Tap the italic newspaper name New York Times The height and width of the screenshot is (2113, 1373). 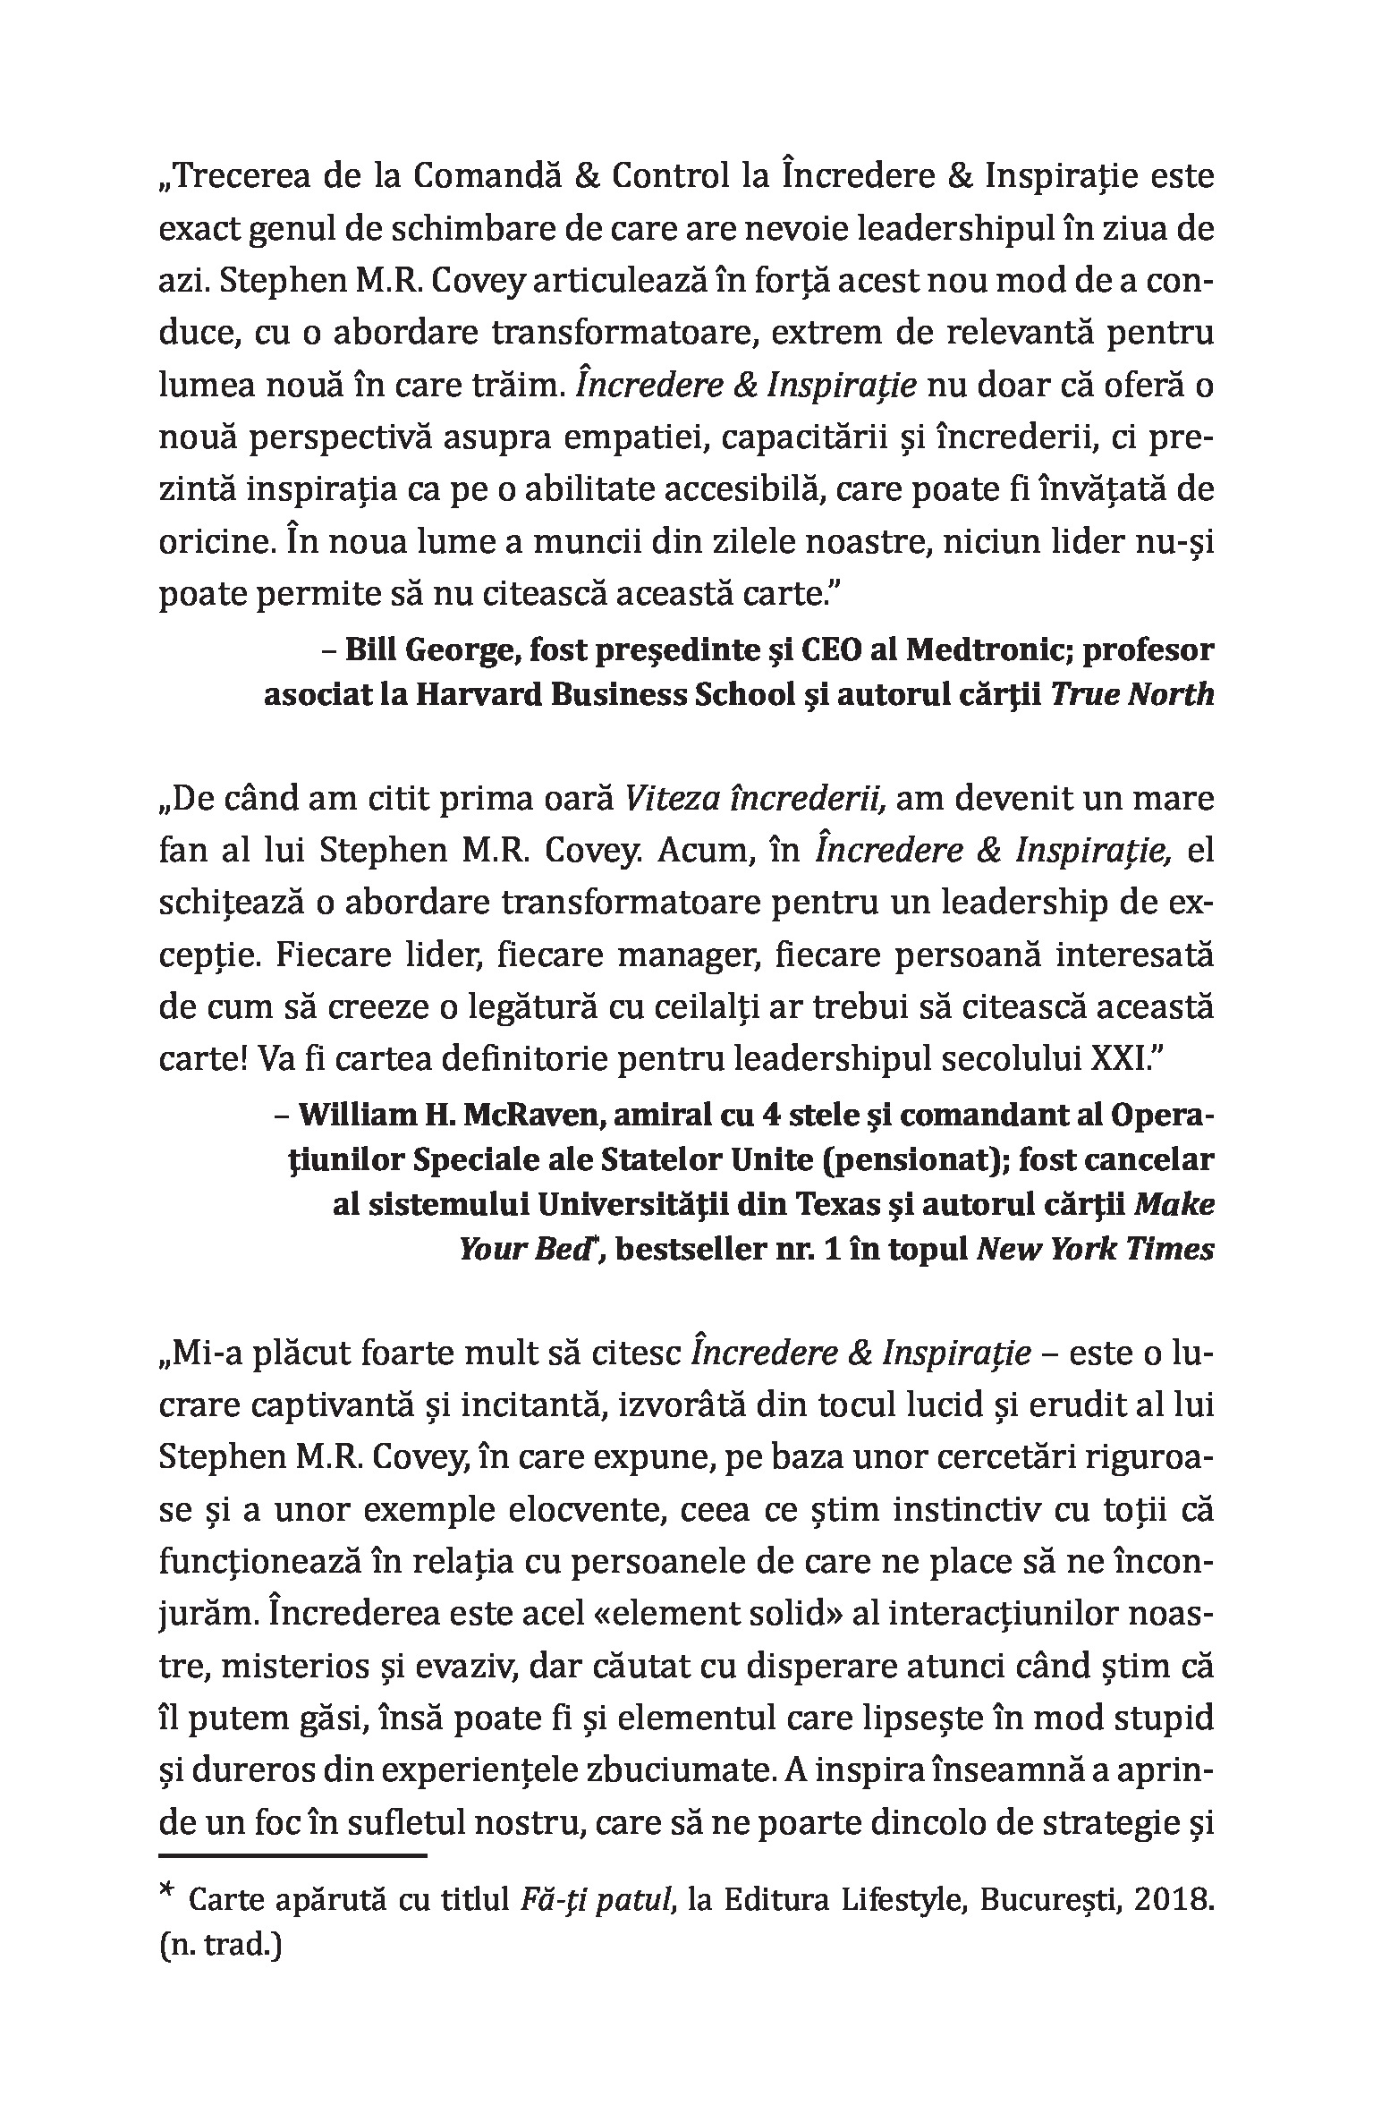(x=1095, y=1249)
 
